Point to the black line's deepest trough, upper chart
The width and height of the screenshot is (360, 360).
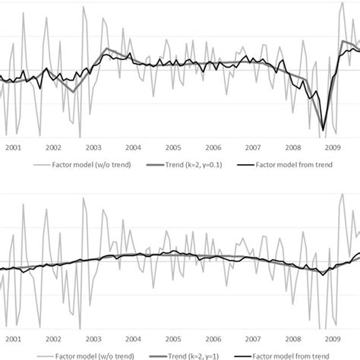324,130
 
